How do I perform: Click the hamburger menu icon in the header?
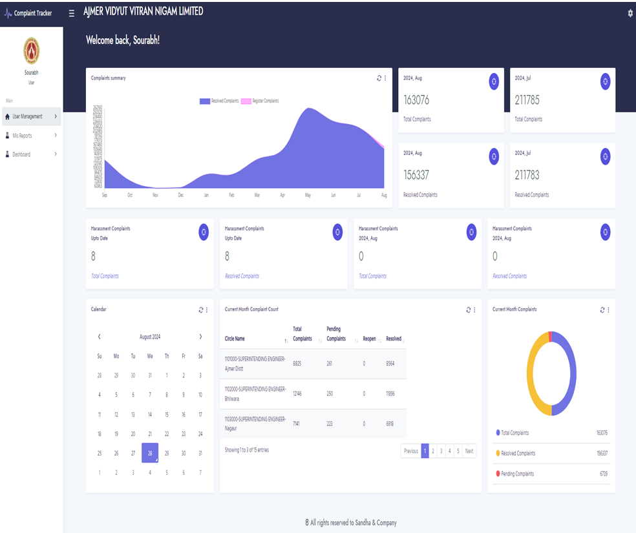pos(72,13)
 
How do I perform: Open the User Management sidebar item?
pos(28,117)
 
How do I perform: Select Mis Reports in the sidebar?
pos(23,136)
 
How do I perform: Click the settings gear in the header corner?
pos(630,13)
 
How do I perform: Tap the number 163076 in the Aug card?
pos(416,100)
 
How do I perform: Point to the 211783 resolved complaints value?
pos(527,175)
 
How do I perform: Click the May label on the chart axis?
pos(308,194)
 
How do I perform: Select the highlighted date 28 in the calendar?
pos(150,454)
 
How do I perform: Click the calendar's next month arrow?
pos(200,337)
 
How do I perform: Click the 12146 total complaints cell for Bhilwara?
pos(297,393)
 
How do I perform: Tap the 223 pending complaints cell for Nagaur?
pos(331,424)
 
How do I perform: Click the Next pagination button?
pos(469,451)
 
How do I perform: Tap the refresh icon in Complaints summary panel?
pos(379,78)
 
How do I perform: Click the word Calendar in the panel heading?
pos(99,309)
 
